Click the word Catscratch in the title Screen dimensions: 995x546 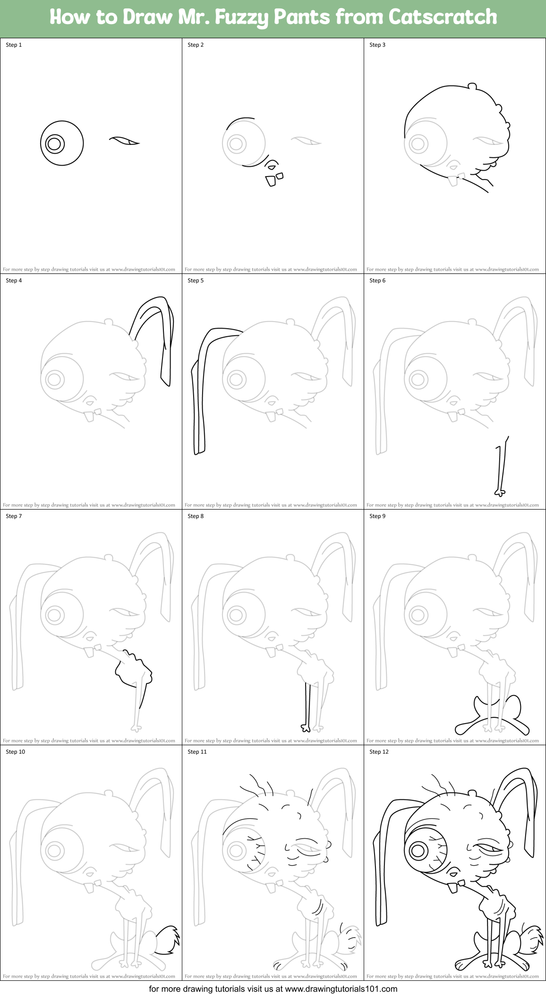click(x=443, y=17)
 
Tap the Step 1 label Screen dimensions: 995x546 click(x=14, y=45)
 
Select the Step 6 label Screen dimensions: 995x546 click(x=377, y=281)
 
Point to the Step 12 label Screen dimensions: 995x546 click(x=379, y=752)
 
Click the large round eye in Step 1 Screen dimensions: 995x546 click(x=61, y=144)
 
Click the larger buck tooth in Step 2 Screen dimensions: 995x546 click(x=271, y=181)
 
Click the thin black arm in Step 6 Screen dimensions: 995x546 click(x=499, y=468)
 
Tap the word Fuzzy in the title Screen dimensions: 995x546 click(x=241, y=17)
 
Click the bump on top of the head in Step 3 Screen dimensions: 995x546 click(x=472, y=86)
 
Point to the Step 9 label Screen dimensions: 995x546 click(x=377, y=516)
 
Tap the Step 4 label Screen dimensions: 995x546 click(x=14, y=281)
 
